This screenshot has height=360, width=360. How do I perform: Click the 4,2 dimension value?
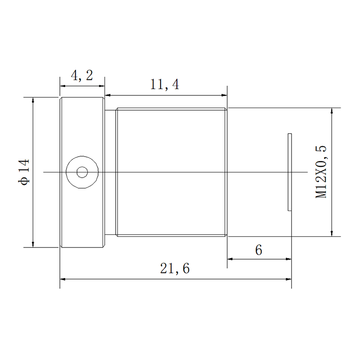pyautogui.click(x=82, y=75)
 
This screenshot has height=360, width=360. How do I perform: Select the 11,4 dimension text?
pyautogui.click(x=165, y=84)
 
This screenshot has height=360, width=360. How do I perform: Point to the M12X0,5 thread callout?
pyautogui.click(x=321, y=172)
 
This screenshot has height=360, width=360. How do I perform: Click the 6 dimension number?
pyautogui.click(x=259, y=250)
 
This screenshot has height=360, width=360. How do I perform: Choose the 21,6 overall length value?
pyautogui.click(x=175, y=268)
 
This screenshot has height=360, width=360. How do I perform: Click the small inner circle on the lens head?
pyautogui.click(x=82, y=172)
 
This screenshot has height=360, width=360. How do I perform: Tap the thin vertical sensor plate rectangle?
pyautogui.click(x=290, y=172)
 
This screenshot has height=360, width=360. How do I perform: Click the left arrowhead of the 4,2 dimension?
pyautogui.click(x=63, y=86)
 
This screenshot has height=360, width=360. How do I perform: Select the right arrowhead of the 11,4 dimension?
pyautogui.click(x=224, y=95)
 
